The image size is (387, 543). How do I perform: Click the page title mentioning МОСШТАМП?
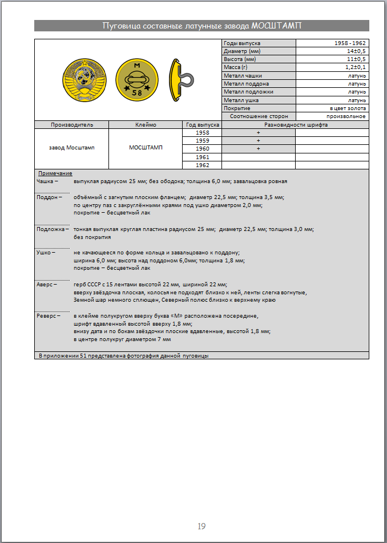201,26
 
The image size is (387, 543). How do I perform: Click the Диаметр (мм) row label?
243,51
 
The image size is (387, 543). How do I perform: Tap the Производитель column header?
71,124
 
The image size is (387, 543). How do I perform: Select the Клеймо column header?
146,124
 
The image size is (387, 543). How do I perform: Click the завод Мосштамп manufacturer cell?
71,148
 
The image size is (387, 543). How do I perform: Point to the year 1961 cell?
202,157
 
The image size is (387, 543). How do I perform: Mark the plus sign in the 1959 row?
258,140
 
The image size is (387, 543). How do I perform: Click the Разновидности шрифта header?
295,124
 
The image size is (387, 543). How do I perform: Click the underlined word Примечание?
55,173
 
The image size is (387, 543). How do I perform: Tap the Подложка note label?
51,229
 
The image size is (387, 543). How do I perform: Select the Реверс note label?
48,315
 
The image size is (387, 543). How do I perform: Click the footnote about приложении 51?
123,355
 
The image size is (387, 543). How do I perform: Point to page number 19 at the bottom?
201,526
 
